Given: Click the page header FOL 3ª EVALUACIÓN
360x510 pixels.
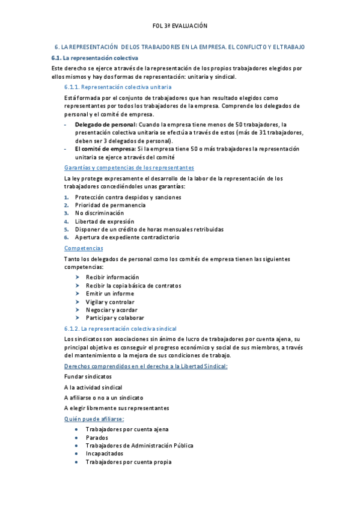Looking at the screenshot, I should [180, 26].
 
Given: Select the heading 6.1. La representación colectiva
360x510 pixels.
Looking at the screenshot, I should [95, 58].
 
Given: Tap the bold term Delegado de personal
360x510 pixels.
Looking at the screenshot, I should [105, 124].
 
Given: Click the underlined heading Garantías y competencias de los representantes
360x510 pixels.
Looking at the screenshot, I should [129, 168].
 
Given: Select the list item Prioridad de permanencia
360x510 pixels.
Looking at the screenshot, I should [110, 205].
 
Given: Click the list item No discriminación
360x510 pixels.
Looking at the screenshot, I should [99, 213].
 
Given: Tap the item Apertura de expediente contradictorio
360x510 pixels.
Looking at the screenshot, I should [127, 238].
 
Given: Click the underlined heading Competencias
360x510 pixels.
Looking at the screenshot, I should [84, 248].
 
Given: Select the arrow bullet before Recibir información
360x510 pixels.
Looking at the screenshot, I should [78, 277].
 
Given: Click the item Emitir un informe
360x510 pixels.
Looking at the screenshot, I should [110, 293].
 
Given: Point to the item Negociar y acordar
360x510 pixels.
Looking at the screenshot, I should [112, 310].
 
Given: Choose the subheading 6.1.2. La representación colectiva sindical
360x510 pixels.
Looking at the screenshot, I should [120, 329].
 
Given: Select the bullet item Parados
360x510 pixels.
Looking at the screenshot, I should [96, 438].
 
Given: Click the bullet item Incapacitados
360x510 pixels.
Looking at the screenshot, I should [104, 454].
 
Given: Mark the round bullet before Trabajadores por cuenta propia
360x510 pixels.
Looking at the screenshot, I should [76, 462].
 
